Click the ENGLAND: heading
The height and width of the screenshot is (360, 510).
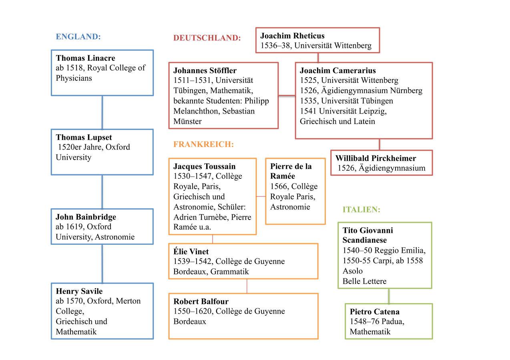click(x=78, y=37)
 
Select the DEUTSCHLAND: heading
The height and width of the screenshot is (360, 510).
click(x=207, y=38)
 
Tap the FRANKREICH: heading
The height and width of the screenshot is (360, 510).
click(x=203, y=144)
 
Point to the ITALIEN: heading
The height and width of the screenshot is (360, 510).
click(x=361, y=210)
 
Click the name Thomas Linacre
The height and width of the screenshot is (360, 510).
click(x=86, y=58)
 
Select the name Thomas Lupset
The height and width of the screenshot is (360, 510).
click(x=84, y=137)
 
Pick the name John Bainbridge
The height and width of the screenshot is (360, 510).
click(x=86, y=217)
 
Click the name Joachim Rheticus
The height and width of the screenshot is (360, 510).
click(x=292, y=36)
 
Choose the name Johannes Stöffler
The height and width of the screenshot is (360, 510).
click(x=205, y=70)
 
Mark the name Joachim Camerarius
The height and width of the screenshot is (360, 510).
click(x=338, y=70)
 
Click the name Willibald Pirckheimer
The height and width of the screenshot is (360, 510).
click(x=375, y=158)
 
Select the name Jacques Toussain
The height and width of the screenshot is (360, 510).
click(x=205, y=166)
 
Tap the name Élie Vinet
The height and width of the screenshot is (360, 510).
click(x=191, y=252)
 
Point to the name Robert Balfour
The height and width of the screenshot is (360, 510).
click(x=201, y=301)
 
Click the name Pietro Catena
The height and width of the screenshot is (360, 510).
click(x=374, y=312)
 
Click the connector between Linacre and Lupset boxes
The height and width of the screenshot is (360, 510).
click(x=102, y=112)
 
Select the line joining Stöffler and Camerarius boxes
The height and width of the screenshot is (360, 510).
click(x=287, y=96)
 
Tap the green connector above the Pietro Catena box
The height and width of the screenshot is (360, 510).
click(x=389, y=296)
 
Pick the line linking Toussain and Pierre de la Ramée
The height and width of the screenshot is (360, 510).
click(x=261, y=196)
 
